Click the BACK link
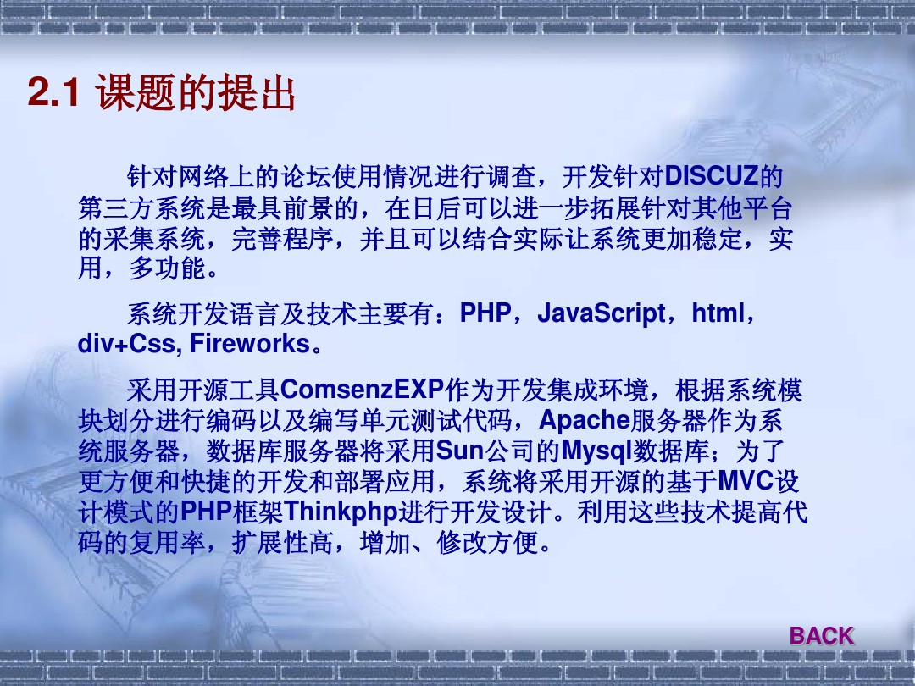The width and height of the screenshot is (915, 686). (822, 635)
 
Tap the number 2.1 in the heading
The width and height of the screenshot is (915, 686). (53, 92)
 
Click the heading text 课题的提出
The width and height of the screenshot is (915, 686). (196, 92)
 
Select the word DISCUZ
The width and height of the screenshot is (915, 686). (712, 175)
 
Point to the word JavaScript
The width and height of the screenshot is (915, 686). (601, 313)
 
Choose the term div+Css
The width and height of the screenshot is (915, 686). (126, 343)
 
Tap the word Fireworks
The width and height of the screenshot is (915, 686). (250, 343)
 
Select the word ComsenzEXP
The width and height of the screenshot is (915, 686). (363, 389)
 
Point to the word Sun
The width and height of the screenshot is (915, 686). (460, 450)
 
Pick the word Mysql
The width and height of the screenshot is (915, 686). (597, 451)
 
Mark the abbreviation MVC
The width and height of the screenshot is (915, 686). (746, 481)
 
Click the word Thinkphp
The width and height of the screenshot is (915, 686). (341, 512)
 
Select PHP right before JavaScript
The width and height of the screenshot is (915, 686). (485, 313)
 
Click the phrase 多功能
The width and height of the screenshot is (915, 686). (168, 268)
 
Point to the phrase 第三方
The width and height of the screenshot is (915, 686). (116, 207)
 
